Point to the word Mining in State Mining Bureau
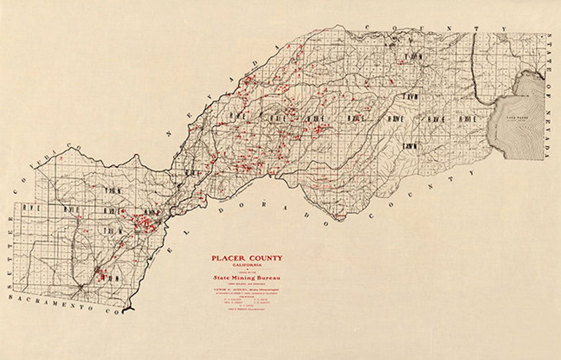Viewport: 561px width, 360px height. (247, 278)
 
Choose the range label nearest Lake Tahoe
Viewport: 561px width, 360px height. (467, 119)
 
